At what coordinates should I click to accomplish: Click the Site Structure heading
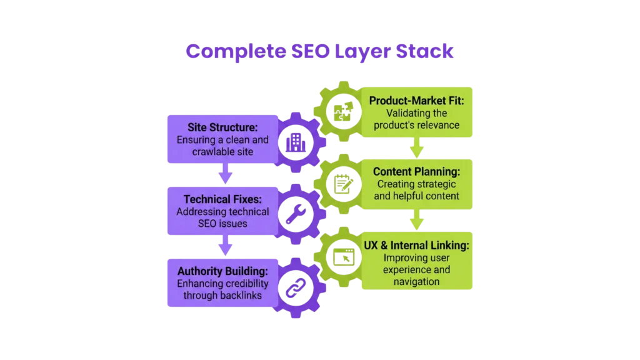point(222,127)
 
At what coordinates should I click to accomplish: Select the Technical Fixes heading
point(222,199)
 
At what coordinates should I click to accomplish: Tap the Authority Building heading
point(222,271)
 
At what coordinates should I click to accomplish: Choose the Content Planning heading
point(417,171)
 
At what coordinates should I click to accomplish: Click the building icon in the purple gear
point(294,143)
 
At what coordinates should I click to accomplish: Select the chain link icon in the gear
point(294,287)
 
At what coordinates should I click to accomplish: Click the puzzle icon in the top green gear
point(342,112)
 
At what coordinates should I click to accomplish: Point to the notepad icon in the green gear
point(342,184)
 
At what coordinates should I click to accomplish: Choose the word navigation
point(417,281)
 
